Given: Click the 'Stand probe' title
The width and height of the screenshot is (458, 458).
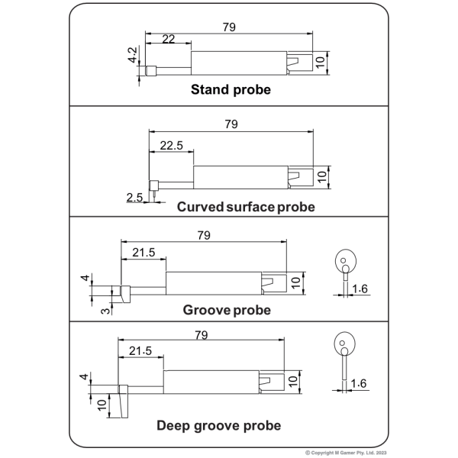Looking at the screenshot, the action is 231,89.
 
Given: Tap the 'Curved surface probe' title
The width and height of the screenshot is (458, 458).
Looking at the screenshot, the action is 246,207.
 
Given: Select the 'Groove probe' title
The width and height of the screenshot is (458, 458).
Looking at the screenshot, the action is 227,310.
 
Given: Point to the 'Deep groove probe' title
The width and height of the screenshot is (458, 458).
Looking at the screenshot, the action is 219,426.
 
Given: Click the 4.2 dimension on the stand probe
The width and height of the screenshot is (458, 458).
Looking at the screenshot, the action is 132,55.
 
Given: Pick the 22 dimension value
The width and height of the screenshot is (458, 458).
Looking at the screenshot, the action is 168,39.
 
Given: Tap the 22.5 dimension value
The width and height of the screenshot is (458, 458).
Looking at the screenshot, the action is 172,146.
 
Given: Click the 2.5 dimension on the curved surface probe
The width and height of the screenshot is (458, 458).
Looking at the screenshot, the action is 134,198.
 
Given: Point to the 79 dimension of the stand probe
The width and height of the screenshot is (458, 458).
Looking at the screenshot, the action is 229,27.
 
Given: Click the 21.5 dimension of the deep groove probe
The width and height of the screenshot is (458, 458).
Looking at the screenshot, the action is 140,351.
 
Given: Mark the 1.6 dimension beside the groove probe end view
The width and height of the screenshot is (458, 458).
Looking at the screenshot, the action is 360,289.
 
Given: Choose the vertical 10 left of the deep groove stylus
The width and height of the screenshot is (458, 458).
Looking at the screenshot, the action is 102,405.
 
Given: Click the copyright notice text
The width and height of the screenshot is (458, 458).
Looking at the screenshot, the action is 346,453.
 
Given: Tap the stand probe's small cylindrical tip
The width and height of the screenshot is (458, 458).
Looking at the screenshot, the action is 150,71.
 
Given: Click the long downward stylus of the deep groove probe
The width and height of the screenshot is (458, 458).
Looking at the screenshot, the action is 123,405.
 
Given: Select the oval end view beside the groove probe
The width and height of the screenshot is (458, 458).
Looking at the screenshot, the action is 346,260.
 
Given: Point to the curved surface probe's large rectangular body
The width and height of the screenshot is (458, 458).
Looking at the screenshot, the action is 240,177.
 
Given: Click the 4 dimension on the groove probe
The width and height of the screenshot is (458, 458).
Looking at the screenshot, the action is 85,278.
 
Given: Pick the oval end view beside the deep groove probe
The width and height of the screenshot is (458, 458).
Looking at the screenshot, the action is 345,343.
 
